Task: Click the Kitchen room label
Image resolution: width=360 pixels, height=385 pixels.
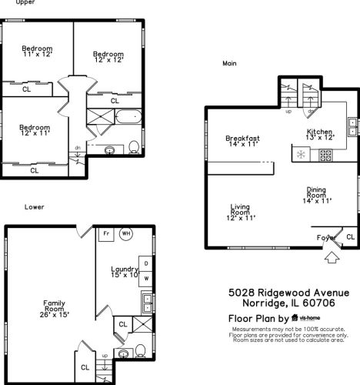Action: (320, 135)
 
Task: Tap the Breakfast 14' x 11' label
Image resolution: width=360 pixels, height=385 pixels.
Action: (242, 141)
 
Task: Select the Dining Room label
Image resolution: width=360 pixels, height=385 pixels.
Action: (317, 195)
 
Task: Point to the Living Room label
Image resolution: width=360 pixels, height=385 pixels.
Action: (241, 213)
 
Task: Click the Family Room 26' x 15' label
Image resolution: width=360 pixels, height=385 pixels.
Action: (54, 309)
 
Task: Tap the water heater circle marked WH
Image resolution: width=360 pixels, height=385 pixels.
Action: (126, 233)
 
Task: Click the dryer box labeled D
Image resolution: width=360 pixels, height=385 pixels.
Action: (146, 263)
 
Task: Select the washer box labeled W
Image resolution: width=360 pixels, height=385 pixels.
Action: (146, 279)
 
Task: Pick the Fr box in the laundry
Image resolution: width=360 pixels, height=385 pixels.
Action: (106, 234)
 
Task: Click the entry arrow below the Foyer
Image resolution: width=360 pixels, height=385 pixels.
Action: (332, 257)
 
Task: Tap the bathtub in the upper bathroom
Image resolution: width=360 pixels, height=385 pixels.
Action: (128, 116)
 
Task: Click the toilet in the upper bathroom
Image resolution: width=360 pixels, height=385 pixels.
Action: (134, 147)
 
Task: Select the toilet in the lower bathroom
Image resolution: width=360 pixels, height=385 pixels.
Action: (140, 350)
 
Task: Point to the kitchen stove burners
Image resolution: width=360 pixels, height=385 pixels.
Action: (325, 156)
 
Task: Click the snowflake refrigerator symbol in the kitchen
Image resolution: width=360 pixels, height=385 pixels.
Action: (301, 155)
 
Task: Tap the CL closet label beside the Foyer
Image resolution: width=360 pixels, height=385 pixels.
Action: (350, 236)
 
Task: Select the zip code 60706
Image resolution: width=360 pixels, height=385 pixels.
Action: (319, 303)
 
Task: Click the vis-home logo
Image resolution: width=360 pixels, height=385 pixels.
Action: (306, 318)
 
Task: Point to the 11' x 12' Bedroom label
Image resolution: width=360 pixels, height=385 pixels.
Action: (38, 51)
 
